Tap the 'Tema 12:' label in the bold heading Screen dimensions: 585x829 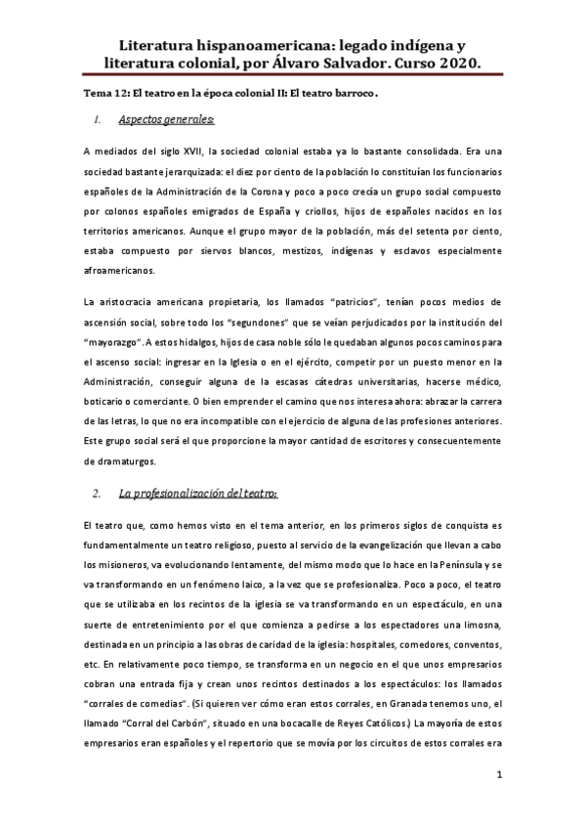[106, 93]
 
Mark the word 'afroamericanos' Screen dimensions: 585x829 [124, 269]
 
